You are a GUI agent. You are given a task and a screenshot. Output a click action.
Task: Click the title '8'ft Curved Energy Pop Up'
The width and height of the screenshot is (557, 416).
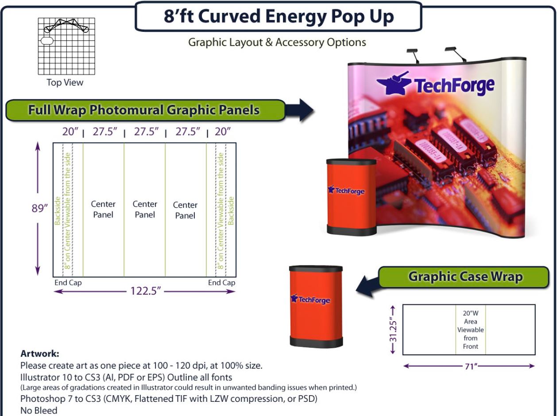coord(278,16)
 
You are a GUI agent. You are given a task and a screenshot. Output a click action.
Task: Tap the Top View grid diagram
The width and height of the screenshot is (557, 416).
coord(66,46)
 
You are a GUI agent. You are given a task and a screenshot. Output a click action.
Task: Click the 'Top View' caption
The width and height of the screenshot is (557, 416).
coord(65,82)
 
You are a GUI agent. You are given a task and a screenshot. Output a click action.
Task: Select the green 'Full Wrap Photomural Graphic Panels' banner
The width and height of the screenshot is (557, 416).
coord(145,110)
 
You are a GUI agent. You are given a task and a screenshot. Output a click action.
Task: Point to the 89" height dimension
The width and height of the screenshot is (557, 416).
coord(39,208)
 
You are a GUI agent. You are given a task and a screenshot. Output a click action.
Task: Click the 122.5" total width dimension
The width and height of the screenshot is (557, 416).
coord(145,291)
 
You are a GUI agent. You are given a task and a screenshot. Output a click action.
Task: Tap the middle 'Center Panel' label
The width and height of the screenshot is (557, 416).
coord(145,210)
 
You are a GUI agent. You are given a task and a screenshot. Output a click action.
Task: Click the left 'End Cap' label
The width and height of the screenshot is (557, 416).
coord(68,283)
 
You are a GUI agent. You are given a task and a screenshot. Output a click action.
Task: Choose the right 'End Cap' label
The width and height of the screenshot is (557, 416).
coord(221,283)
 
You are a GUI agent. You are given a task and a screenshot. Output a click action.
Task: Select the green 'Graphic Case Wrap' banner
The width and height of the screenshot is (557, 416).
coord(464,277)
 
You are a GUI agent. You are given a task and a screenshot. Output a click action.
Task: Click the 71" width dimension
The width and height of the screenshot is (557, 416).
coord(471,366)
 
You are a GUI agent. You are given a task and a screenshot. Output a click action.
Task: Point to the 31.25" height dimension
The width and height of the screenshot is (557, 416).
coord(393,330)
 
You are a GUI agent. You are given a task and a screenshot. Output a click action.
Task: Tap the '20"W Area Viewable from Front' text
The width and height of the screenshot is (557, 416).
coord(471,330)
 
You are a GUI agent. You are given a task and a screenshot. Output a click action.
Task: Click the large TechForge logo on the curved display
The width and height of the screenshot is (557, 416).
coord(435,84)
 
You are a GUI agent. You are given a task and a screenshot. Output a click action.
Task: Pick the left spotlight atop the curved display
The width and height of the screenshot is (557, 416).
coord(413,55)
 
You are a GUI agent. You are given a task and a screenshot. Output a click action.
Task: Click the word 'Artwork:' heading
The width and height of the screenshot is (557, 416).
coord(40,354)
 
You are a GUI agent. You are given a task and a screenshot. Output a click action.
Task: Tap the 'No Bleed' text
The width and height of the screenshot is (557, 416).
coord(39,410)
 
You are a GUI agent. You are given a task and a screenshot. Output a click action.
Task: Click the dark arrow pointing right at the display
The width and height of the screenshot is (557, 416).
coord(299,110)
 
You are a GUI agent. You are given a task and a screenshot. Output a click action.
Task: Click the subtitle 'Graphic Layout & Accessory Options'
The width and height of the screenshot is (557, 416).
coord(277,43)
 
